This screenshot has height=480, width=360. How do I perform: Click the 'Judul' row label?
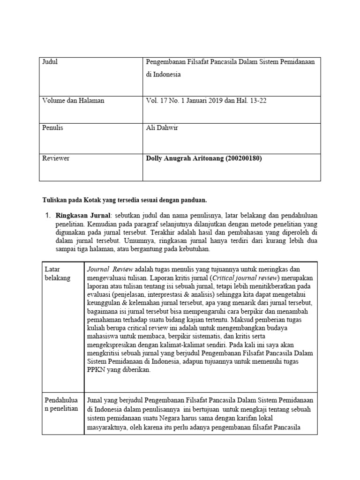point(50,62)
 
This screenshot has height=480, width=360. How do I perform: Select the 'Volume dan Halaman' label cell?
point(73,101)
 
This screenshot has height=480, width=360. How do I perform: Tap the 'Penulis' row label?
point(52,128)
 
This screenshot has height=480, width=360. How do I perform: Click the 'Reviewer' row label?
point(56,158)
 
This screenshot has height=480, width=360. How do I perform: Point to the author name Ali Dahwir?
point(162,128)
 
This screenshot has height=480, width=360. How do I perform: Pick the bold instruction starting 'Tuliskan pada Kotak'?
point(124,200)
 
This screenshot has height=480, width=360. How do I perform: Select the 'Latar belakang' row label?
point(57,273)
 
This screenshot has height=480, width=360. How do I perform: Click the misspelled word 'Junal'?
point(96,400)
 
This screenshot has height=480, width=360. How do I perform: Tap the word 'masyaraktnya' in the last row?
point(109,427)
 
